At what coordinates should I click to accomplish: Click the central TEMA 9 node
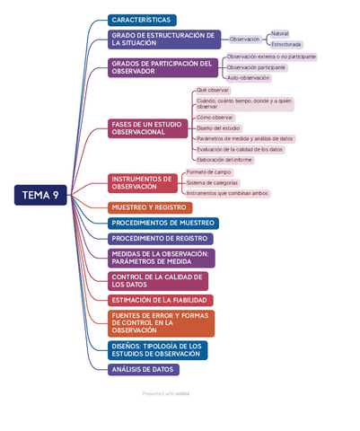pos(40,195)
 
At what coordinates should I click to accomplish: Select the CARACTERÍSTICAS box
pos(142,20)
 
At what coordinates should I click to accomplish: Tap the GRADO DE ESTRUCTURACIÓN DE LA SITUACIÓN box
pos(164,40)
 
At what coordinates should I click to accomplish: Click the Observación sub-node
pos(244,40)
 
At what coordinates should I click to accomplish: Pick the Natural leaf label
pos(280,33)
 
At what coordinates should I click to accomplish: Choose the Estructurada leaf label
pos(286,44)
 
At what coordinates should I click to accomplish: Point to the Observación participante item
pos(256,67)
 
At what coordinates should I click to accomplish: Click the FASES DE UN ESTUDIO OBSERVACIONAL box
pos(149,128)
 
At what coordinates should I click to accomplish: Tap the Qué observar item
pos(213,91)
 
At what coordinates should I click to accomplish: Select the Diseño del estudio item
pos(218,128)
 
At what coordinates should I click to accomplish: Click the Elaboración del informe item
pos(224,160)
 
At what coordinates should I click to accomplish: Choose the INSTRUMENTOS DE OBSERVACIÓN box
pos(143,182)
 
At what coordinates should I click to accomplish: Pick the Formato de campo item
pos(208,172)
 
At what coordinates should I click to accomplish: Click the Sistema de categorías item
pos(213,182)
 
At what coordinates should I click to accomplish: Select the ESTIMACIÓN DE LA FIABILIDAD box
pos(160,300)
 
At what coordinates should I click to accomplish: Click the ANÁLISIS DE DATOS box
pos(143,369)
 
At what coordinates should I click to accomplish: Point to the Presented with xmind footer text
pos(166,393)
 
